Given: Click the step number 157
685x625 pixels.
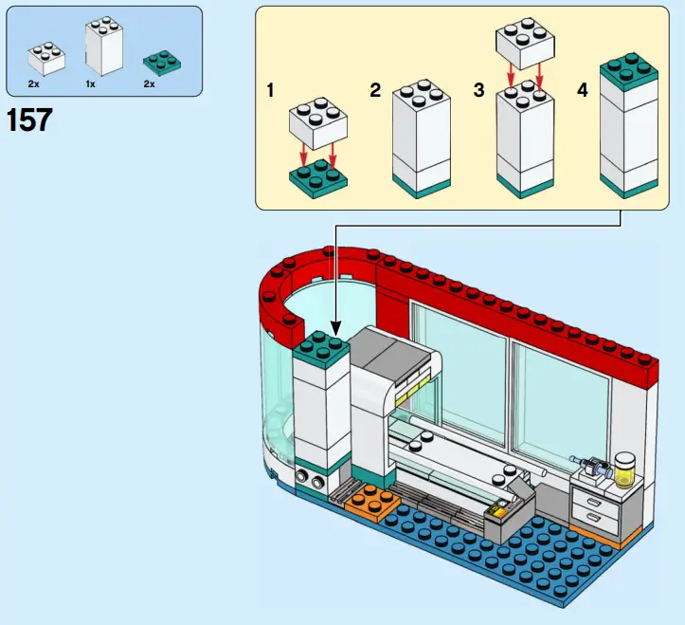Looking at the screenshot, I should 29,120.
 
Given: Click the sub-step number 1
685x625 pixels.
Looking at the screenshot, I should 271,91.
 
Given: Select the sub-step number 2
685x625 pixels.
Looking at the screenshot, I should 375,91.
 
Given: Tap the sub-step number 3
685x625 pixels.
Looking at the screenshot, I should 478,91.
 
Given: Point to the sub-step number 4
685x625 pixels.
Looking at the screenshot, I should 582,91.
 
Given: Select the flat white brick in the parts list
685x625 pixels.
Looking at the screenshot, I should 46,59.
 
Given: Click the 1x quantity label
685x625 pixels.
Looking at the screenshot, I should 91,84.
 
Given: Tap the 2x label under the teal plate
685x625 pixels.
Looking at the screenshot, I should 149,84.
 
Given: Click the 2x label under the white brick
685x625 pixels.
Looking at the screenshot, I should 34,84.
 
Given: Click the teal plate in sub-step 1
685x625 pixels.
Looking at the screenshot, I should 315,179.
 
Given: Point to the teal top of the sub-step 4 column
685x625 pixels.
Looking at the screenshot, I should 628,71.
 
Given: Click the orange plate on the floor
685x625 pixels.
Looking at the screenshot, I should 370,502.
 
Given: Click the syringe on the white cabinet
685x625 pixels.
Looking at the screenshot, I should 589,465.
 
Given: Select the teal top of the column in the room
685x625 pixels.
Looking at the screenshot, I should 322,350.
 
